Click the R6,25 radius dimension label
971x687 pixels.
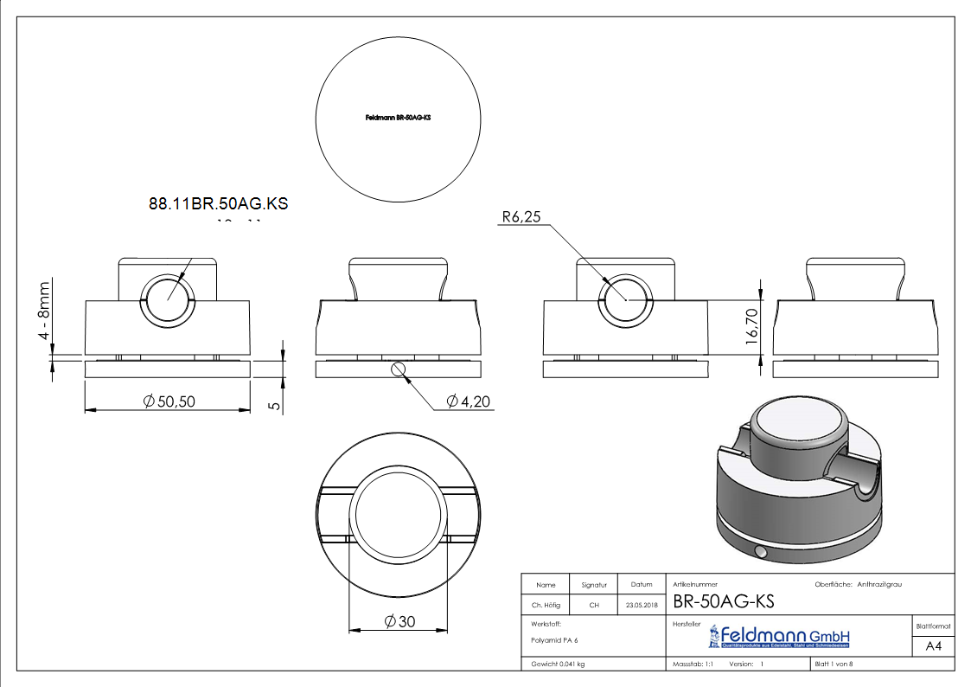tap(521, 217)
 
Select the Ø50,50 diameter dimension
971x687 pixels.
tap(174, 401)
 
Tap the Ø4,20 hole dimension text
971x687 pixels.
tap(470, 401)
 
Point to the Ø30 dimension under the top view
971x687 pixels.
tap(398, 621)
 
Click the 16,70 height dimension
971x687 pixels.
tap(751, 326)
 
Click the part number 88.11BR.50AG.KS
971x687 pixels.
tap(218, 204)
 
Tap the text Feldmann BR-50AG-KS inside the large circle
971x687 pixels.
tap(398, 117)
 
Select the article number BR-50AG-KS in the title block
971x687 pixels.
tap(723, 601)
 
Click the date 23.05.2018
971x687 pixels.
tap(641, 605)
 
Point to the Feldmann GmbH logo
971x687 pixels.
tap(778, 637)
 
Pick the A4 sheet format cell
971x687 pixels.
tap(933, 645)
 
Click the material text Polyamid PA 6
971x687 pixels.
tap(554, 640)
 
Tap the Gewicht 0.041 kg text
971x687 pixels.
tap(558, 664)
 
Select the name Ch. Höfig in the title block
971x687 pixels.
tap(546, 605)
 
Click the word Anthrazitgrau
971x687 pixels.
tap(879, 585)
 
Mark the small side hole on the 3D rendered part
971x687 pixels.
tap(759, 551)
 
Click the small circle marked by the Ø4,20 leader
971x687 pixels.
tap(398, 369)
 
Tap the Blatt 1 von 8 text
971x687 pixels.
tap(834, 664)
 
